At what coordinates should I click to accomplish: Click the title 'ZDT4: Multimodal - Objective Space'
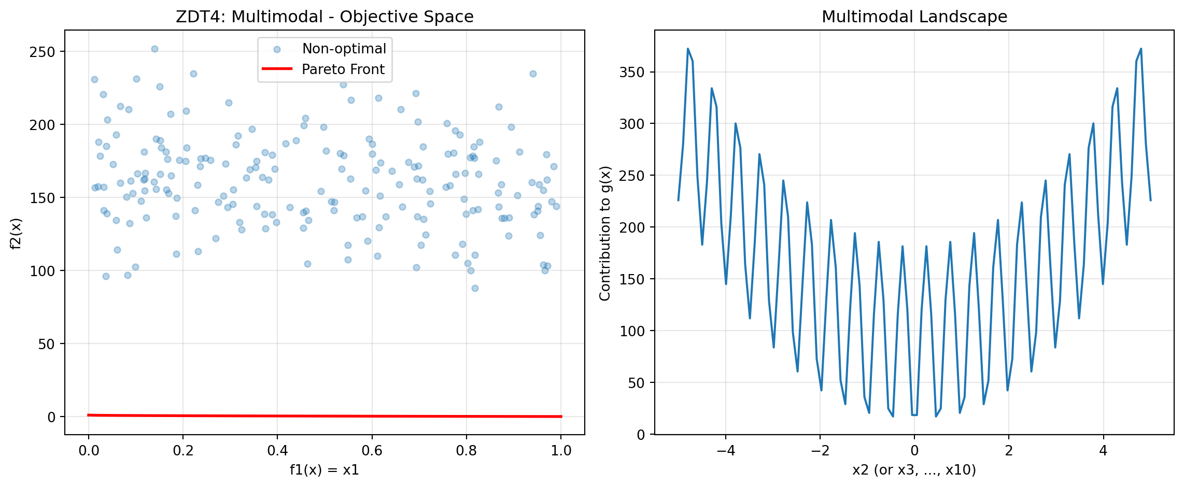[x=325, y=17]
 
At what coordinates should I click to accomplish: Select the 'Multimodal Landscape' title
[x=914, y=17]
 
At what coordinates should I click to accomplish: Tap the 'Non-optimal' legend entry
[x=344, y=49]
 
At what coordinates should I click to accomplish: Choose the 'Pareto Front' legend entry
[x=343, y=69]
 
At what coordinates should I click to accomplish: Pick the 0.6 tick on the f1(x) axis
[x=372, y=450]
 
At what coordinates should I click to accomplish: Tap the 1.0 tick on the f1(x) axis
[x=560, y=450]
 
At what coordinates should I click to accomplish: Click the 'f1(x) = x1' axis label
[x=325, y=470]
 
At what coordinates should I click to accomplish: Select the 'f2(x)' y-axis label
[x=16, y=233]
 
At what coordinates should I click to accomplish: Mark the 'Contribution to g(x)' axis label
[x=604, y=233]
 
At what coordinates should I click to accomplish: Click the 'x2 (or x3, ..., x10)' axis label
[x=914, y=470]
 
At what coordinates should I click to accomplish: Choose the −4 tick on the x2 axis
[x=725, y=450]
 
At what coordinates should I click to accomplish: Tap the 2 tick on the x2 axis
[x=1009, y=450]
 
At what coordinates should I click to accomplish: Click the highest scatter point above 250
[x=154, y=49]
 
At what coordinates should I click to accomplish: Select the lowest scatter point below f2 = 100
[x=475, y=288]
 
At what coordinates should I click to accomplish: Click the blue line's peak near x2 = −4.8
[x=688, y=49]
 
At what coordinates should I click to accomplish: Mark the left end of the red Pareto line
[x=89, y=415]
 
